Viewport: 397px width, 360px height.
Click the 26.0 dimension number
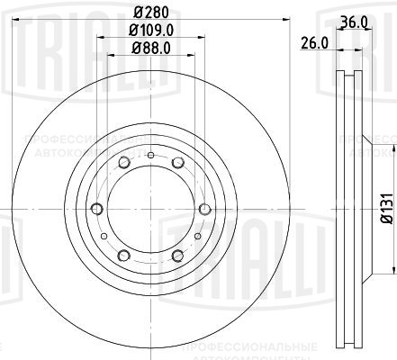312,41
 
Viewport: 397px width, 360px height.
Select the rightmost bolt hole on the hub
204,210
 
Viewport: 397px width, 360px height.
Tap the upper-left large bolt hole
122,162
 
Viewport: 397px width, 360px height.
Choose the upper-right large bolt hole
177,162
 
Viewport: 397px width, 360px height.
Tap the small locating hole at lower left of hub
104,237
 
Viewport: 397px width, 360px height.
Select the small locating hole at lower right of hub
196,237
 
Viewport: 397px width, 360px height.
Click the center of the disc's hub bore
149,210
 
